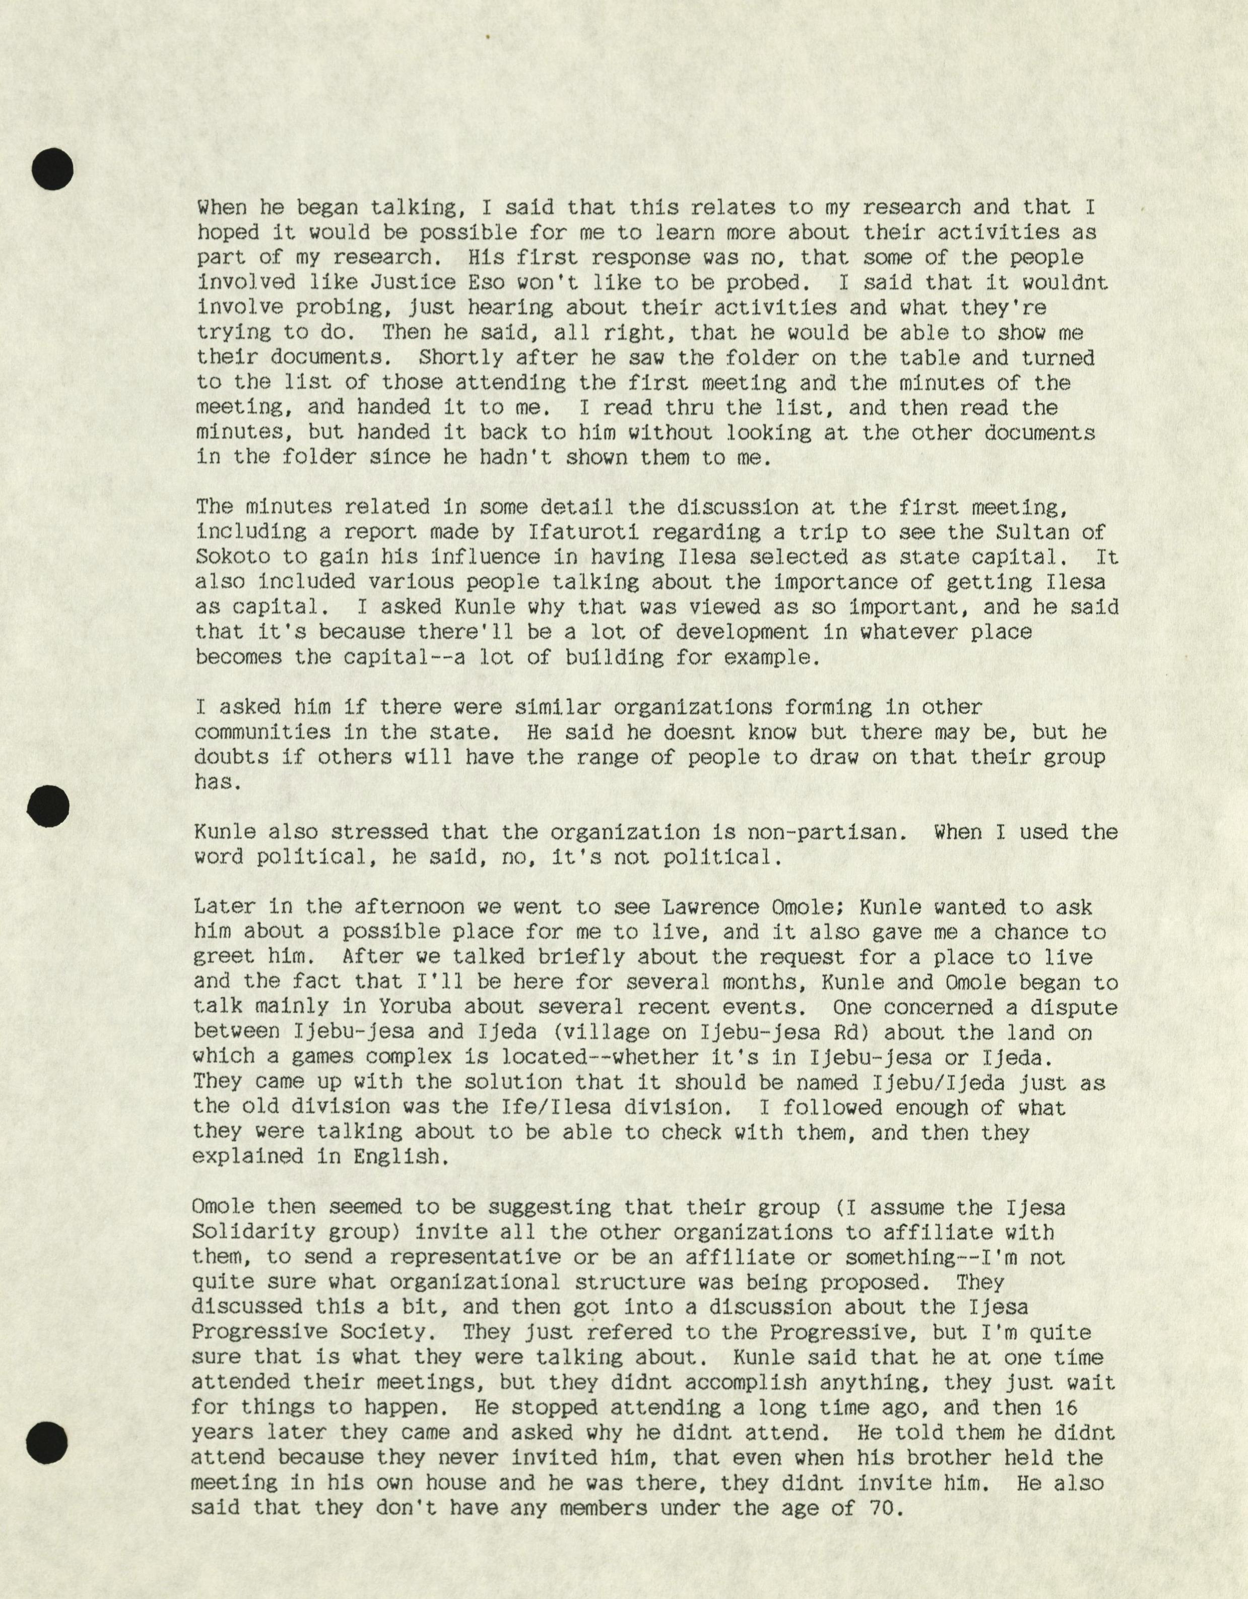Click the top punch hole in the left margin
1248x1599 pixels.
point(53,170)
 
